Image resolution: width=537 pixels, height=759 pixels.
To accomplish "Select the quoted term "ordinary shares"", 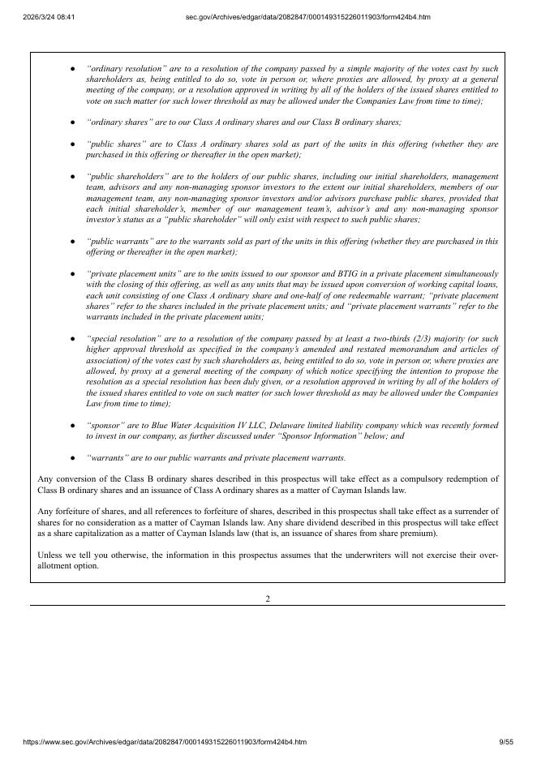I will pyautogui.click(x=117, y=122).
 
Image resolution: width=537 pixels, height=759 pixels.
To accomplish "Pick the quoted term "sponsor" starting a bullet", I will pyautogui.click(x=105, y=425).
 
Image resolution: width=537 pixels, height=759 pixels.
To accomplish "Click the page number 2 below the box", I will pyautogui.click(x=268, y=598).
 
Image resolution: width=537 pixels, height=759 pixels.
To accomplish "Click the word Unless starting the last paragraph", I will pyautogui.click(x=50, y=555).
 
